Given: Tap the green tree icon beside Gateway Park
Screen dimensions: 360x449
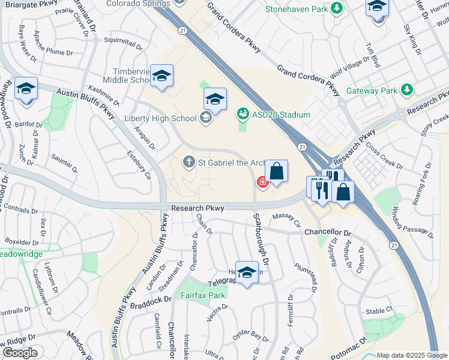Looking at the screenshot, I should click(408, 91).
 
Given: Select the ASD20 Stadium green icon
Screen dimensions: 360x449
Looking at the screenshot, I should click(243, 114).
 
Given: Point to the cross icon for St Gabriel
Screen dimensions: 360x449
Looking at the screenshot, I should click(188, 161).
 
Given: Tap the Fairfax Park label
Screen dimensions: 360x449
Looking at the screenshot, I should click(203, 295).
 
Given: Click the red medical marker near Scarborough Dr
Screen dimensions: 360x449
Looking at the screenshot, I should click(262, 181).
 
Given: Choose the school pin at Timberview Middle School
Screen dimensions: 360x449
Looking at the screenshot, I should click(161, 76).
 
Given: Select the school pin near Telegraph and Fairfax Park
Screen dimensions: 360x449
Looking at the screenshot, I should click(247, 274).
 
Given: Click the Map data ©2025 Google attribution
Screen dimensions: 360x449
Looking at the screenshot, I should click(412, 355).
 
